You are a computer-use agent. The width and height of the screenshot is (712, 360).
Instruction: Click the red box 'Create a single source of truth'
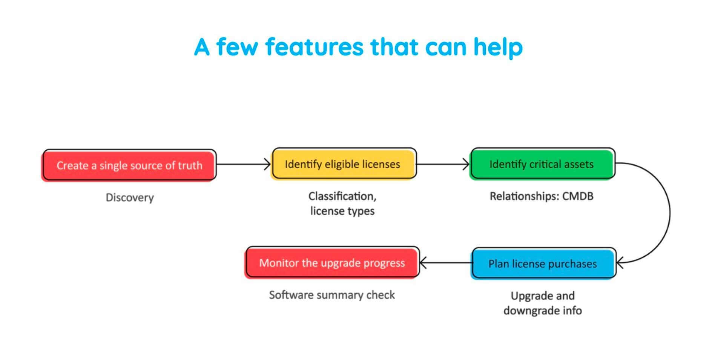(x=129, y=165)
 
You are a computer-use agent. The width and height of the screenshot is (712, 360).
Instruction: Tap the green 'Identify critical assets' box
(x=542, y=164)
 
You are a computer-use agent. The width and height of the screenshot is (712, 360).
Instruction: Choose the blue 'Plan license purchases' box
(x=543, y=263)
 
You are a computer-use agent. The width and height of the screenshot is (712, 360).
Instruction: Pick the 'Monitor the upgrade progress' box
(x=332, y=263)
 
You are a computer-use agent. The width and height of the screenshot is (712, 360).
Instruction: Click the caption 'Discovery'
(x=130, y=198)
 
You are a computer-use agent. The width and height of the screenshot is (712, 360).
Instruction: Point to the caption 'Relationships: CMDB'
(x=542, y=196)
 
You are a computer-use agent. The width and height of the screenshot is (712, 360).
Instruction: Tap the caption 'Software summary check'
(x=332, y=295)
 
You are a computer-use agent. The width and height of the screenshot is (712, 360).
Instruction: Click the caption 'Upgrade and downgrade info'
(x=543, y=303)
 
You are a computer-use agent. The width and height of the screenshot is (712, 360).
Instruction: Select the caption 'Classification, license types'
(x=342, y=204)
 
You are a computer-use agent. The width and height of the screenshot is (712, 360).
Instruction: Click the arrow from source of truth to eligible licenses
(x=243, y=164)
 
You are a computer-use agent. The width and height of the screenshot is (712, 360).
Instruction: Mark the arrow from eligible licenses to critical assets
(x=442, y=164)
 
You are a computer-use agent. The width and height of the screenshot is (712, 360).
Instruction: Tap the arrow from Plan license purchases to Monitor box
(x=445, y=263)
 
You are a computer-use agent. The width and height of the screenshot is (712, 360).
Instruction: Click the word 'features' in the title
(x=315, y=47)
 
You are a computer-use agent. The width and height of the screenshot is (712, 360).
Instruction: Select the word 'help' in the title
(x=498, y=47)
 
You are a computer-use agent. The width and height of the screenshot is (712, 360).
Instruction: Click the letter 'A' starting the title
(x=202, y=47)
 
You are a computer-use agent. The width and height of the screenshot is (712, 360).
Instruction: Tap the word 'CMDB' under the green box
(x=578, y=196)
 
